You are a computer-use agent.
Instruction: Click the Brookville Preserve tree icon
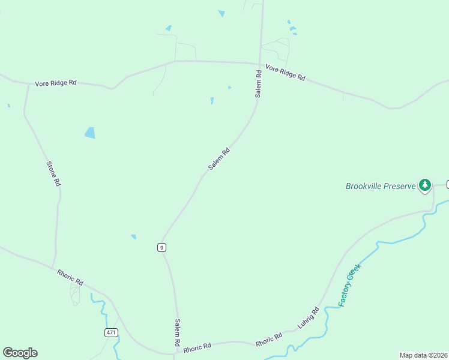point(425,185)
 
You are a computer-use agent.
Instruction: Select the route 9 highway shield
point(161,247)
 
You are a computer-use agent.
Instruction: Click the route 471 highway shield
point(111,332)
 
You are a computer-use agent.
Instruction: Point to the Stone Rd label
point(53,173)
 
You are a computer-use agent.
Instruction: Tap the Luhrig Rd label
point(309,318)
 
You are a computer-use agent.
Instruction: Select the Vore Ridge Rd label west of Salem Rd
point(55,82)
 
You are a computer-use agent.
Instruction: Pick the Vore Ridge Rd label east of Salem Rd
point(285,73)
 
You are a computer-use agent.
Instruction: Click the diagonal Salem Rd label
point(219,160)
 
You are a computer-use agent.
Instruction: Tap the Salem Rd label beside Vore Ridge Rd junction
point(258,85)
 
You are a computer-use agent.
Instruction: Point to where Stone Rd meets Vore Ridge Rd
point(28,85)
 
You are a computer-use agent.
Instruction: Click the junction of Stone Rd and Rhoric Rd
point(53,268)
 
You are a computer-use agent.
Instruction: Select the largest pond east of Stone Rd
point(90,133)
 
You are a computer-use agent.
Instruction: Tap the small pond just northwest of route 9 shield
point(133,236)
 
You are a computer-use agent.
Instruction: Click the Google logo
point(20,353)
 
